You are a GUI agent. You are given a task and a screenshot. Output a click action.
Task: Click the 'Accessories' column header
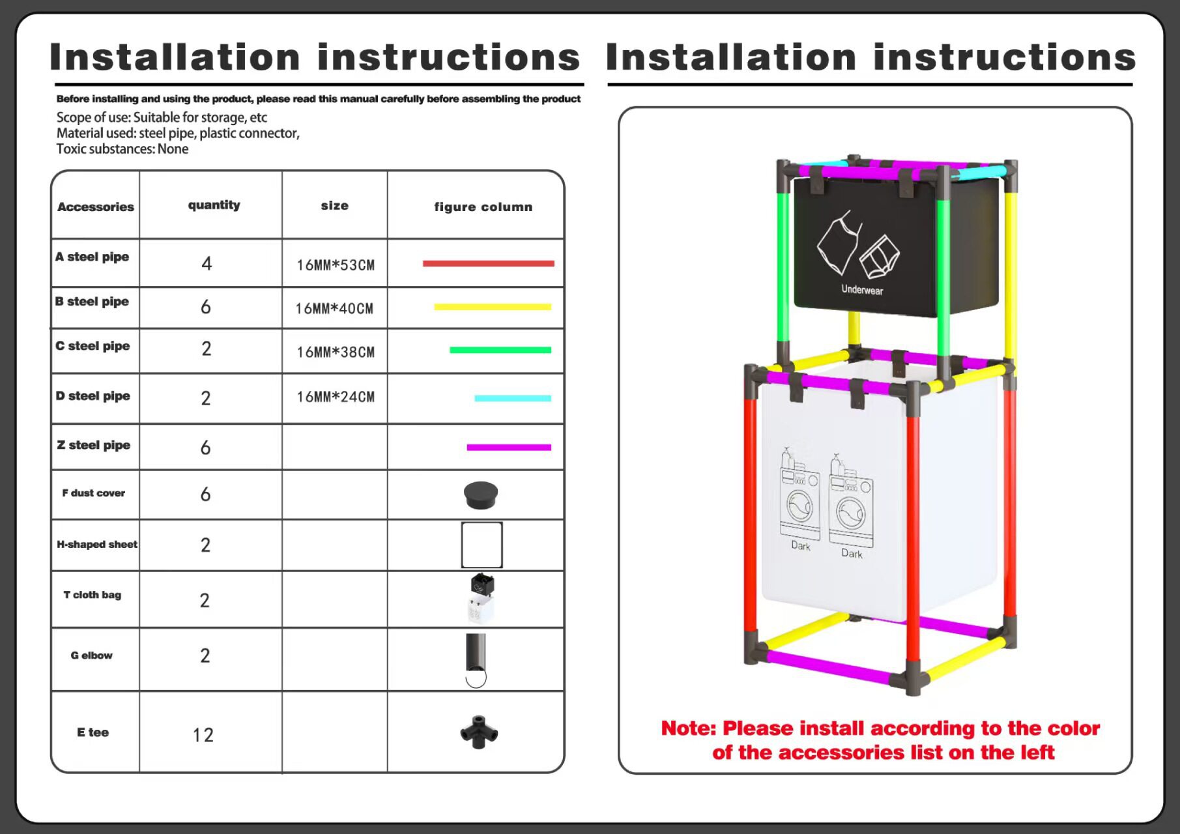(x=95, y=207)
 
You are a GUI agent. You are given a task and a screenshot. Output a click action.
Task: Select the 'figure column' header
(x=483, y=207)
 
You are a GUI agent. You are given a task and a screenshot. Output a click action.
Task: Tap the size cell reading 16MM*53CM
(x=336, y=265)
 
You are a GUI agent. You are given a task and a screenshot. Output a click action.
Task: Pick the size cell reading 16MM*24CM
(x=336, y=397)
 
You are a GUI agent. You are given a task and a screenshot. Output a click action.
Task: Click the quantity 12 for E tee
(x=203, y=735)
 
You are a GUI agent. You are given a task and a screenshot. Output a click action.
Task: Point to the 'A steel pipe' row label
(x=93, y=257)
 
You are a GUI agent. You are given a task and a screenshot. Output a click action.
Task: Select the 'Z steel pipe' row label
(x=94, y=445)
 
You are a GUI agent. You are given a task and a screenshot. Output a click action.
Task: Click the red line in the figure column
(x=488, y=264)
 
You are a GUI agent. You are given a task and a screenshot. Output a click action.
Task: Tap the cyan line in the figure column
(x=513, y=398)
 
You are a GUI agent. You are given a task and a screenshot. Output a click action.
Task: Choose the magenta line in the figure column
(x=509, y=447)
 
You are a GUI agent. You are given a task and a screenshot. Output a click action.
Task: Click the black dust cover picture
(x=481, y=495)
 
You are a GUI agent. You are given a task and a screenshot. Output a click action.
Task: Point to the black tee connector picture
(x=479, y=732)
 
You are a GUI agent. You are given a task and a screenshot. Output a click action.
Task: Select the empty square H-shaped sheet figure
(x=482, y=545)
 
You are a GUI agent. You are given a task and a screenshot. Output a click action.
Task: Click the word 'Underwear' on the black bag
(x=862, y=290)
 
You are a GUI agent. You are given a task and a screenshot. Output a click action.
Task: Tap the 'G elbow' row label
(x=92, y=655)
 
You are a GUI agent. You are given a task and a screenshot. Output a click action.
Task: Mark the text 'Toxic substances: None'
(x=122, y=149)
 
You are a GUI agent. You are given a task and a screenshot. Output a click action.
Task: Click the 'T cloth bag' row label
(x=93, y=595)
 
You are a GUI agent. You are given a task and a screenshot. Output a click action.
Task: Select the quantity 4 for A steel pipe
(x=207, y=263)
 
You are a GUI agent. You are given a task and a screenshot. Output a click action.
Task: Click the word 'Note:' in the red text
(x=689, y=728)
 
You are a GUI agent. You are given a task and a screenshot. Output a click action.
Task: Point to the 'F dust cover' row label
(x=94, y=493)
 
